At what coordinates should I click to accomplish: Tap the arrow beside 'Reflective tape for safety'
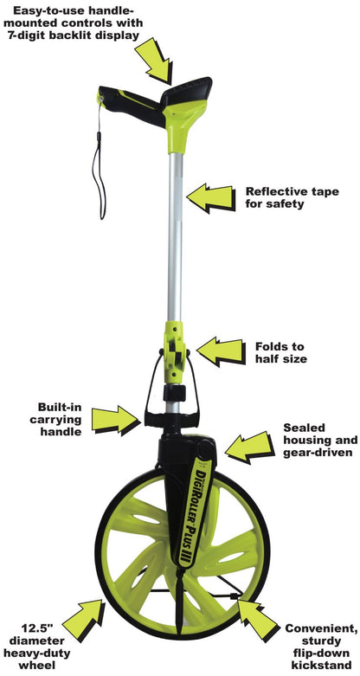[211, 198]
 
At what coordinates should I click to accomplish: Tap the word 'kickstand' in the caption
[322, 665]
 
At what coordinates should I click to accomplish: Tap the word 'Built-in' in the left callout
[60, 407]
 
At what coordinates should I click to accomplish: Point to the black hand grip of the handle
[131, 105]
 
